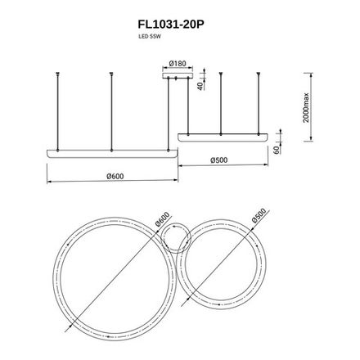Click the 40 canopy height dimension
[x=200, y=85]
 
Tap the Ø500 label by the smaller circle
[x=260, y=217]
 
